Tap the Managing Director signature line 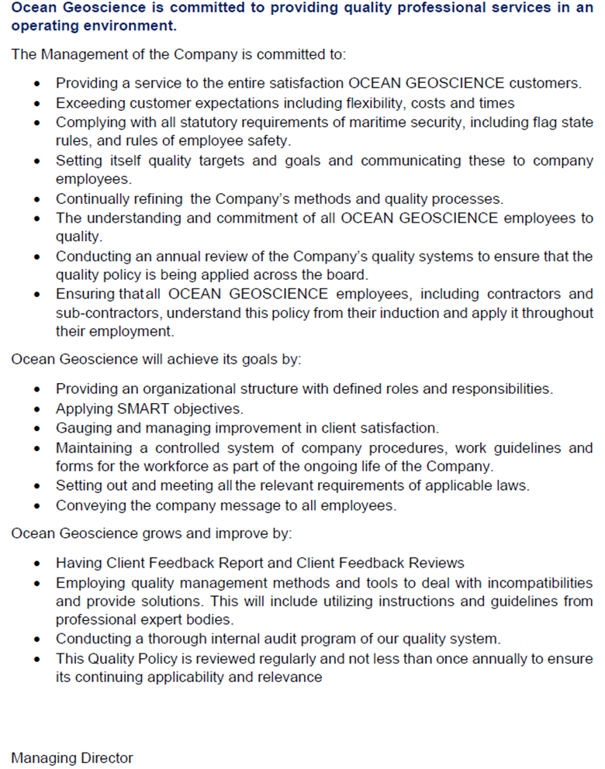coord(72,758)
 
